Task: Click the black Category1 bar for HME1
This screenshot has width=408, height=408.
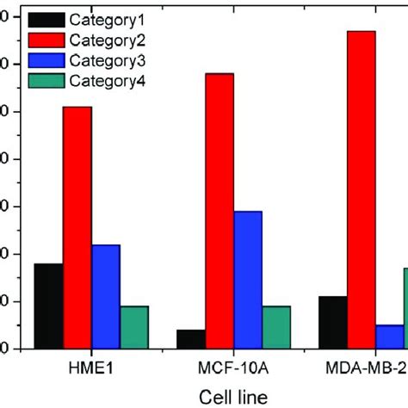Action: click(x=48, y=306)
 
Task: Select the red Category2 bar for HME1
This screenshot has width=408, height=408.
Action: click(x=77, y=227)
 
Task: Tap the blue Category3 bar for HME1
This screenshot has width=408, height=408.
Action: click(x=106, y=296)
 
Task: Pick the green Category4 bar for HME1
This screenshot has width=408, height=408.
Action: click(x=134, y=327)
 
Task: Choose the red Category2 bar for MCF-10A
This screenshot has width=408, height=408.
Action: click(x=219, y=211)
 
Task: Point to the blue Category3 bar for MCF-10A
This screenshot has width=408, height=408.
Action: click(x=248, y=280)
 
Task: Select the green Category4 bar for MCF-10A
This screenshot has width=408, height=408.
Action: click(x=276, y=327)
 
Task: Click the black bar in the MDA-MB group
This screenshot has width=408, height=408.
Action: click(x=332, y=322)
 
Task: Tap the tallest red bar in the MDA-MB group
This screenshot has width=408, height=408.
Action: click(x=361, y=189)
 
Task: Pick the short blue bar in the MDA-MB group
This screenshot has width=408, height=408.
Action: click(x=389, y=337)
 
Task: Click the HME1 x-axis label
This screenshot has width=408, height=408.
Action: click(x=91, y=369)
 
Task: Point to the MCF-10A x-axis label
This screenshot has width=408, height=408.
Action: click(x=233, y=369)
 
